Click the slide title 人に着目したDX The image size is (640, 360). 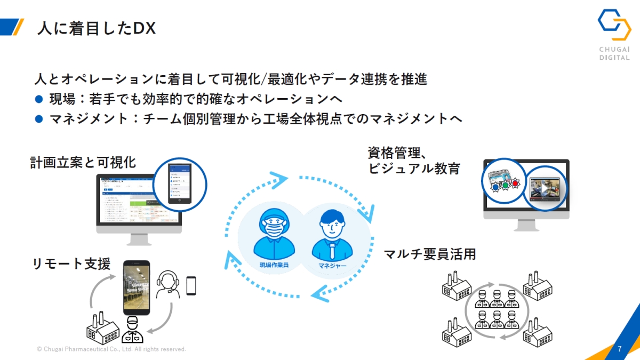tap(96, 28)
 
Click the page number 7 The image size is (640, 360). tap(619, 349)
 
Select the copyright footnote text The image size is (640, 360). tap(111, 349)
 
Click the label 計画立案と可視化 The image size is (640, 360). tap(83, 163)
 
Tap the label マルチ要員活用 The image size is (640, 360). tap(429, 254)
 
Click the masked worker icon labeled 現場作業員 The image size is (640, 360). tap(274, 235)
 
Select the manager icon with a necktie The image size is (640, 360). tap(332, 235)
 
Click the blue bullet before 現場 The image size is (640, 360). tap(38, 99)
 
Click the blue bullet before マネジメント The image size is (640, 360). tap(38, 119)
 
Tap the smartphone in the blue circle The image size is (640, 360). tap(180, 184)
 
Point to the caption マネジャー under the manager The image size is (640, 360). tap(332, 265)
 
